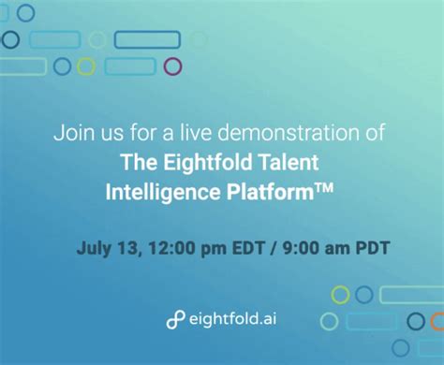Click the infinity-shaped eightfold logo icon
pyautogui.click(x=175, y=319)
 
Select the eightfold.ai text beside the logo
pyautogui.click(x=230, y=318)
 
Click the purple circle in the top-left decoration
pyautogui.click(x=172, y=66)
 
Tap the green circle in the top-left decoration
pyautogui.click(x=86, y=66)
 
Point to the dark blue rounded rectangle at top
pyautogui.click(x=147, y=39)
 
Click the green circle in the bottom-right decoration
pyautogui.click(x=340, y=295)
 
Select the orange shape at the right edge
pyautogui.click(x=437, y=321)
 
